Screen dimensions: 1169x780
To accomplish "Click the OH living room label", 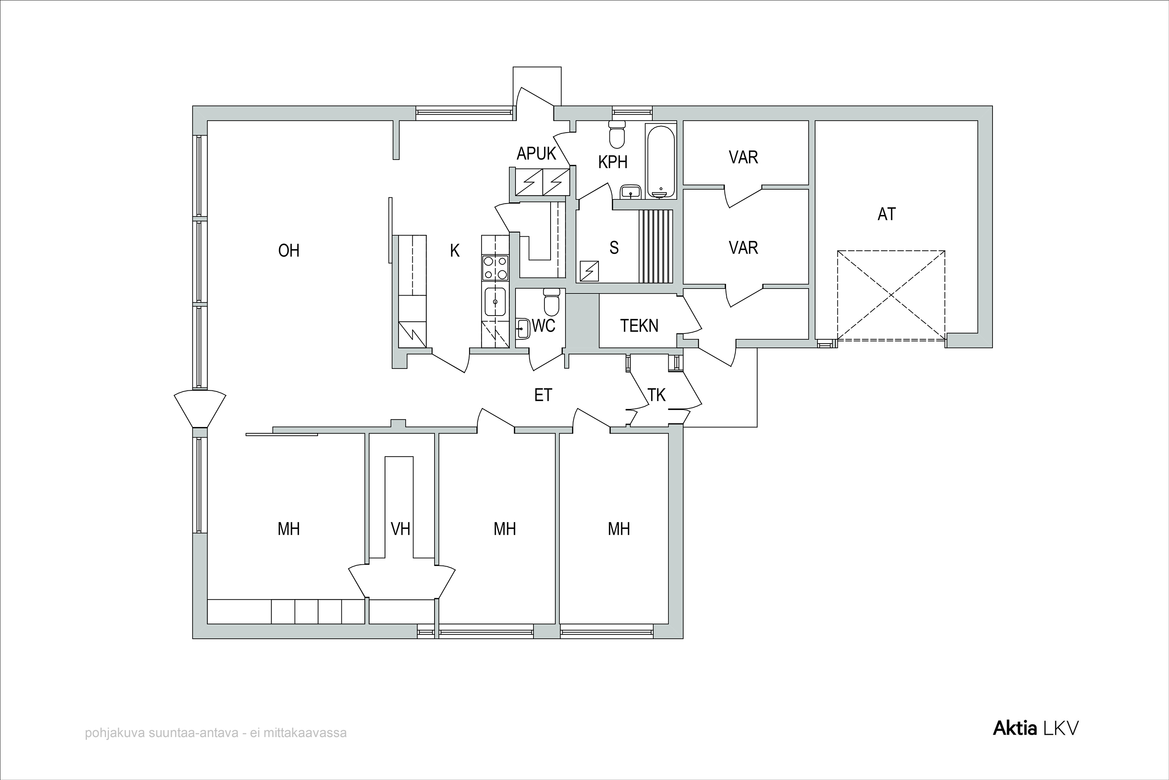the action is tap(289, 250).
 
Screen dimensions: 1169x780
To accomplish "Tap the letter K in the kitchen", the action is tap(455, 251).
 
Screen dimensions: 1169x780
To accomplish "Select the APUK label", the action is tap(536, 154).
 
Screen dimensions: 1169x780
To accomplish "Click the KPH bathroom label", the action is tap(613, 162).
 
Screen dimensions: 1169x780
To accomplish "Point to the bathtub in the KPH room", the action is tap(660, 161).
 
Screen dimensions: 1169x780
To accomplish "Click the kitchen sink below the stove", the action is tap(496, 301).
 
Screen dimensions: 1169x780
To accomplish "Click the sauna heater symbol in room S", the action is tap(589, 271).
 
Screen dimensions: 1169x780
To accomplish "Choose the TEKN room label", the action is tap(639, 326).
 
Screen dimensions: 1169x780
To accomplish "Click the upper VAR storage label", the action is tap(743, 158).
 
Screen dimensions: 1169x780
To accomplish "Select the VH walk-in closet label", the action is tap(401, 529).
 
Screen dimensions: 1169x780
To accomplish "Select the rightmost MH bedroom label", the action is tap(619, 529).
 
